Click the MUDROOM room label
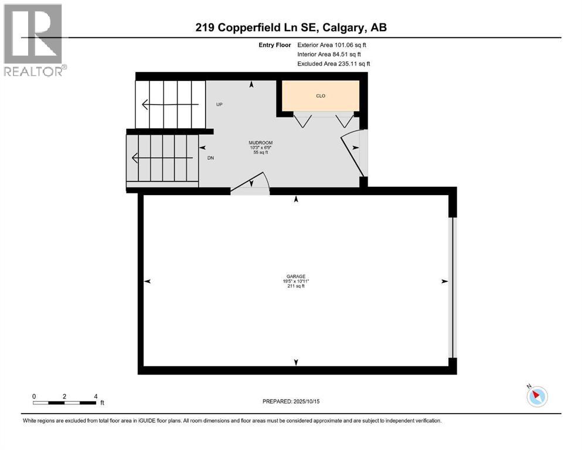261,142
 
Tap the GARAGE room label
295,277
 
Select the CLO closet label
321,96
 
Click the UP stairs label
219,104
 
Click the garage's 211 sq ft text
295,287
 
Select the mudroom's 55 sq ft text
261,152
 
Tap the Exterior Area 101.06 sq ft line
333,45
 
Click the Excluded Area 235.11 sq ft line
333,63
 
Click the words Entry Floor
274,45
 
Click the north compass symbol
536,396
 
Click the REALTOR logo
35,40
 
